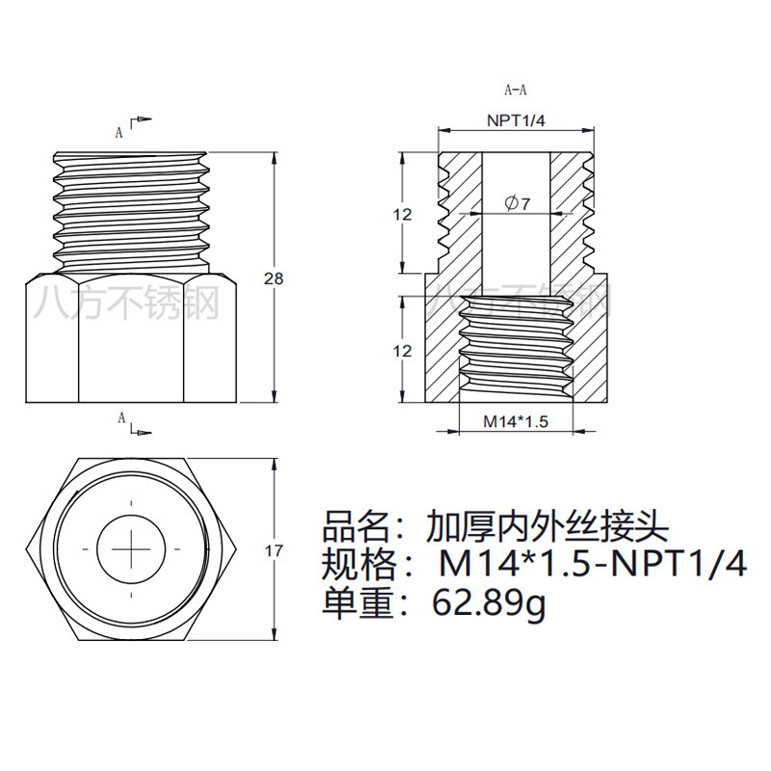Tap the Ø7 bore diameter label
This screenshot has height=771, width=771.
pyautogui.click(x=518, y=202)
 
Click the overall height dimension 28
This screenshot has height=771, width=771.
pyautogui.click(x=275, y=279)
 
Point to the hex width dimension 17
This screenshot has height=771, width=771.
pyautogui.click(x=274, y=551)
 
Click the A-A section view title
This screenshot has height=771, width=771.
pyautogui.click(x=516, y=91)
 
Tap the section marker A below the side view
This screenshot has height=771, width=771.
pyautogui.click(x=120, y=417)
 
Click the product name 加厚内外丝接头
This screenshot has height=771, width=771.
pyautogui.click(x=546, y=527)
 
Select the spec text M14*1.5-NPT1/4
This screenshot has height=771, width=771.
pyautogui.click(x=592, y=565)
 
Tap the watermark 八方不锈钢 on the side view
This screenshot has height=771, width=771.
pyautogui.click(x=126, y=304)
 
